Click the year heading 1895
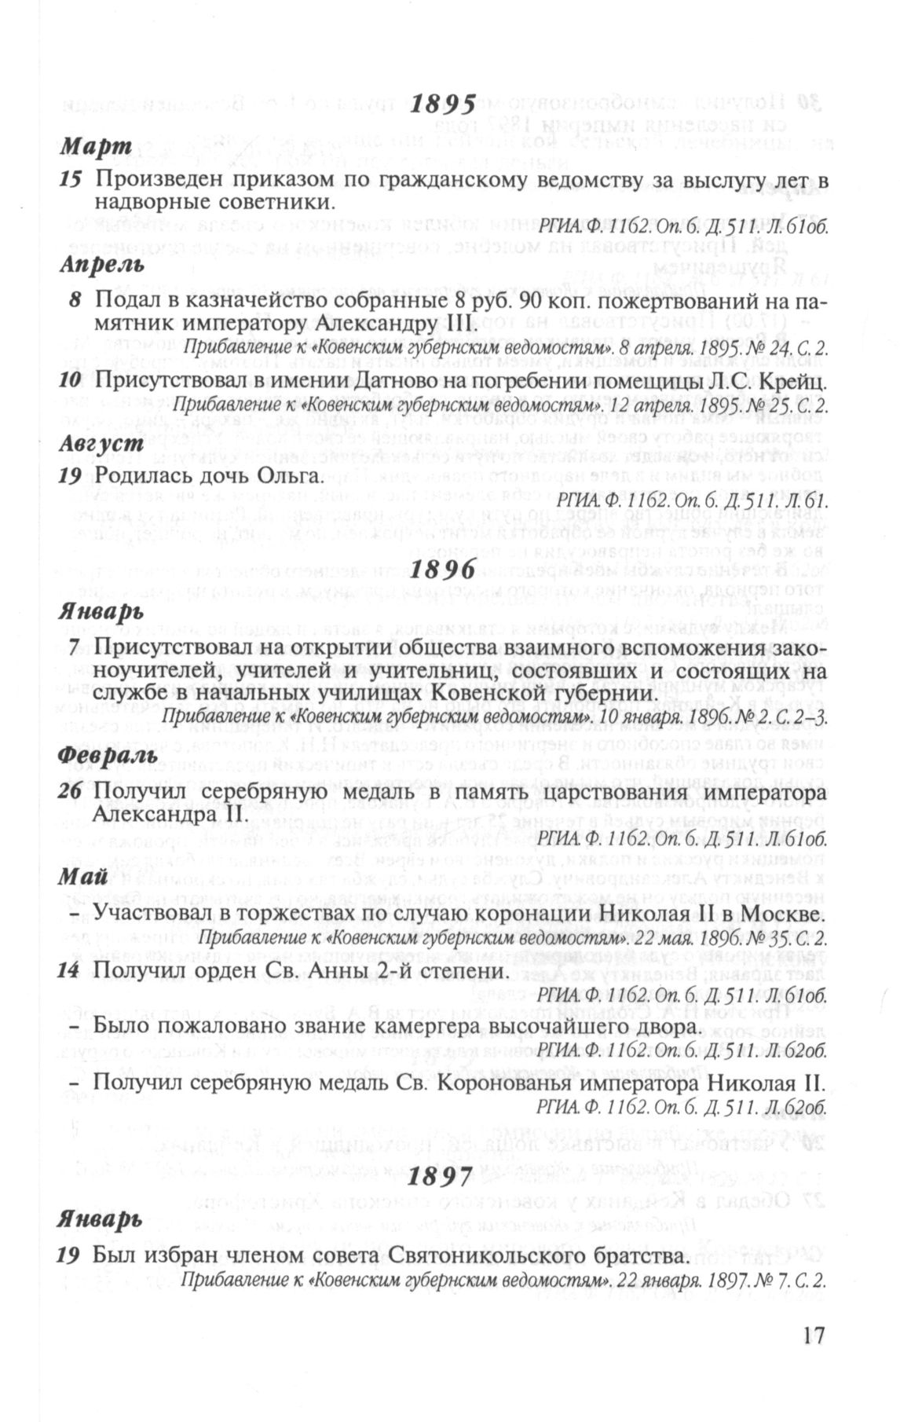pos(444,104)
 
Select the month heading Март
pos(97,147)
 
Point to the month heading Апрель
pos(102,265)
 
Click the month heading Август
pos(101,442)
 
